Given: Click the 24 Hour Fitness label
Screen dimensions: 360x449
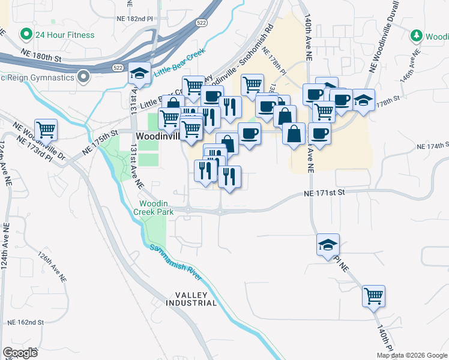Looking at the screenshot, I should coord(64,35).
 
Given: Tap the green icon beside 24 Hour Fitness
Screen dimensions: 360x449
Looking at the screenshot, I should coord(25,34).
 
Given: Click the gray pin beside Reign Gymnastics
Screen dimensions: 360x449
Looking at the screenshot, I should coord(84,77).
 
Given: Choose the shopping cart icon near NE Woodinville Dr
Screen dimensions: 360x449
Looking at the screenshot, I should coord(46,129).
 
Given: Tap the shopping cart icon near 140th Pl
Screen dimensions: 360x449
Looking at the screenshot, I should coord(373,295).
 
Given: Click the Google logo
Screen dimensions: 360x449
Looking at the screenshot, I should coord(20,352).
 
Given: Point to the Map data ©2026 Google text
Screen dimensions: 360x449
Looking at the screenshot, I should coord(411,355).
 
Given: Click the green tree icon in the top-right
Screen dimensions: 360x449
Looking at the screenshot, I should coord(416,36).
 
